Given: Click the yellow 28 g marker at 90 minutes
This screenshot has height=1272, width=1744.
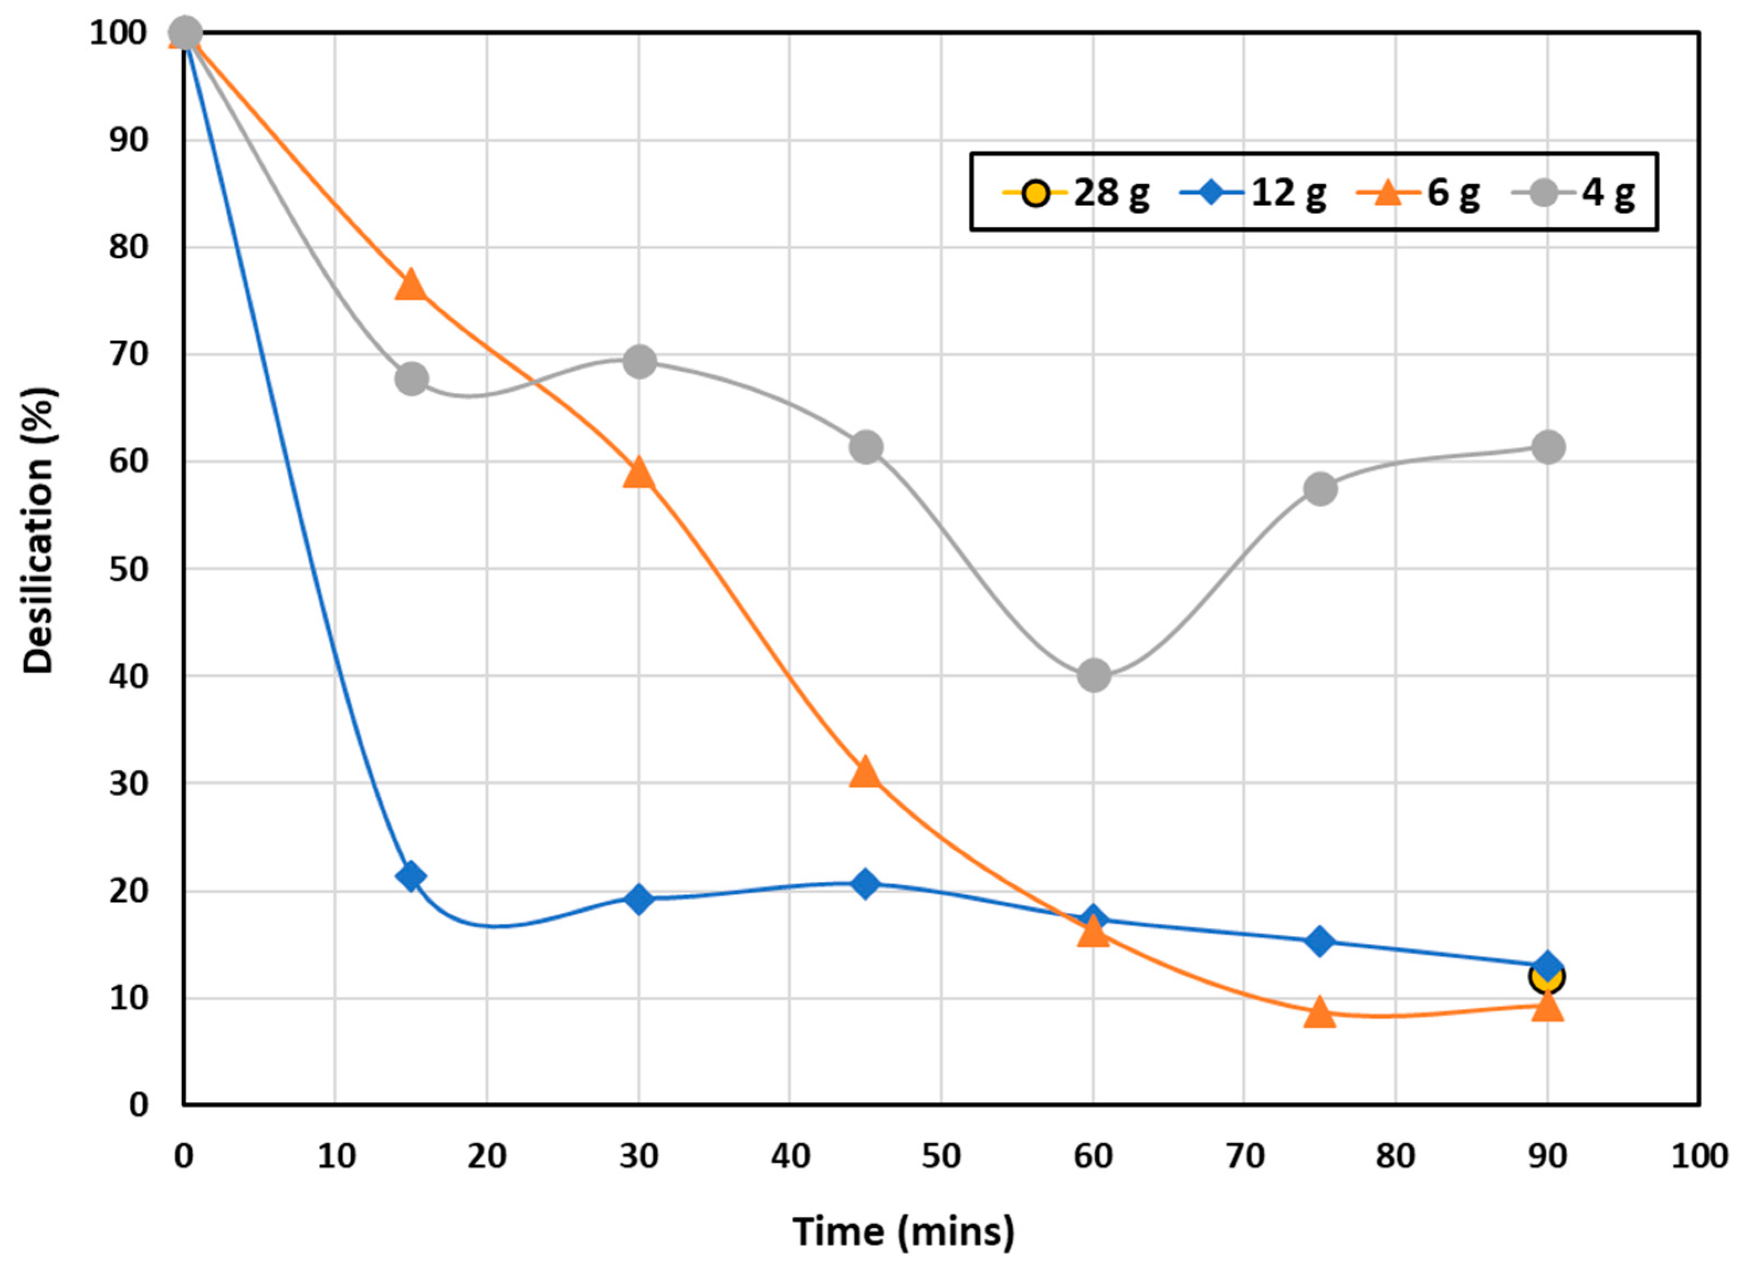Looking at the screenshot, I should tap(1547, 977).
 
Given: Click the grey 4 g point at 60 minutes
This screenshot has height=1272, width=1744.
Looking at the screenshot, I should tap(1094, 675).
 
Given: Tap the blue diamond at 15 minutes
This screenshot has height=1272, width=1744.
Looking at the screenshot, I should tap(411, 876).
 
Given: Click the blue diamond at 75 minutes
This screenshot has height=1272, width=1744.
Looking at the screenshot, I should tap(1320, 941).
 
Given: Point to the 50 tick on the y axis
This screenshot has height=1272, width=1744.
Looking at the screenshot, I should tap(128, 570).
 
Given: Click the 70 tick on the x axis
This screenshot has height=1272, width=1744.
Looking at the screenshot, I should tap(1244, 1157).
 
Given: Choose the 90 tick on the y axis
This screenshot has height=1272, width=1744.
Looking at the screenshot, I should tap(128, 141).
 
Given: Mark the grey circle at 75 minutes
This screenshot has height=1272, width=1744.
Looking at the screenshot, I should tap(1320, 488).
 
